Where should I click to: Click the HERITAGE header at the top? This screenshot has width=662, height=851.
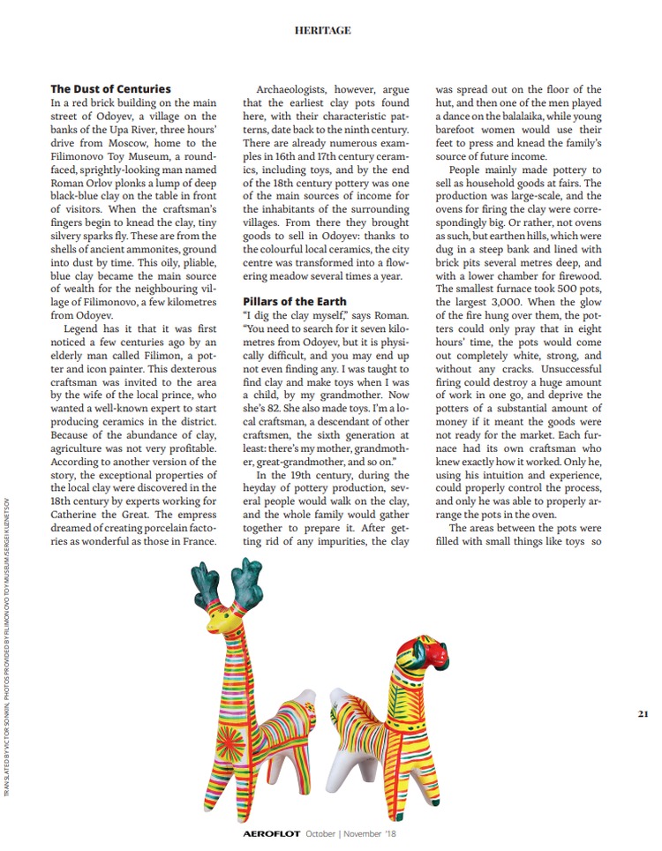(x=322, y=31)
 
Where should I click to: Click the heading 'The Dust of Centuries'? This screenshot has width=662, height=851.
(x=110, y=89)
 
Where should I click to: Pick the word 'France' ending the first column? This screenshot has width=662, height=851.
(x=193, y=541)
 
